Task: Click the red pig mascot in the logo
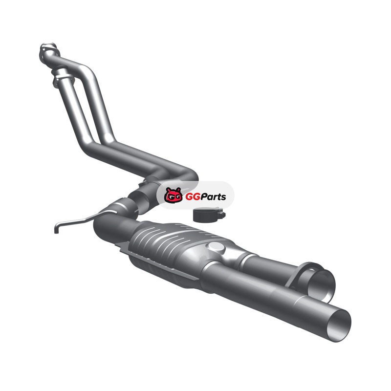click(x=173, y=195)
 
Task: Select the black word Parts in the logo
click(x=214, y=197)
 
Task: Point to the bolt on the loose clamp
click(x=221, y=215)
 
